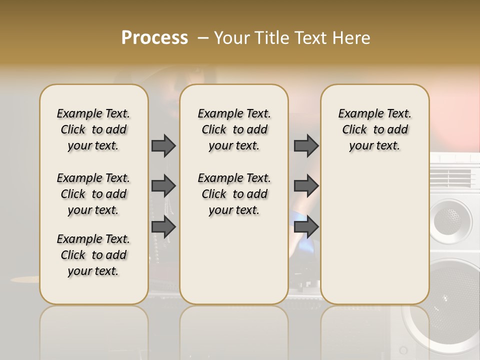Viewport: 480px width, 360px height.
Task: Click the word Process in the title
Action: pyautogui.click(x=154, y=38)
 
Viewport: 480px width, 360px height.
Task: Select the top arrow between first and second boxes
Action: pyautogui.click(x=163, y=145)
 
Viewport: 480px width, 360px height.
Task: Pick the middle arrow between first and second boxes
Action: pyautogui.click(x=163, y=186)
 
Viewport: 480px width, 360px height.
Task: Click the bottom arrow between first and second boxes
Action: pyautogui.click(x=163, y=227)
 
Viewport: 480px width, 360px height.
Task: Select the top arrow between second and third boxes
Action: pyautogui.click(x=306, y=145)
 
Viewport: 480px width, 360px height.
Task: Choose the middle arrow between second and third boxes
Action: pyautogui.click(x=306, y=186)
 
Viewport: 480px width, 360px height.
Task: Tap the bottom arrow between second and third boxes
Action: pyautogui.click(x=306, y=227)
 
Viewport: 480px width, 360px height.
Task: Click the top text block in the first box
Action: pyautogui.click(x=93, y=129)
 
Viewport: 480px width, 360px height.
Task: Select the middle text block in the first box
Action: pyautogui.click(x=93, y=194)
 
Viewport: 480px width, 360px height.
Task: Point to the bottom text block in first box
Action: pyautogui.click(x=93, y=255)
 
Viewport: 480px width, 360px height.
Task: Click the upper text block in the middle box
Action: pyautogui.click(x=234, y=129)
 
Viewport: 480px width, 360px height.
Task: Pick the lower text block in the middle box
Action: pyautogui.click(x=234, y=194)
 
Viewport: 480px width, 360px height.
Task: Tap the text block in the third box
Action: pyautogui.click(x=374, y=129)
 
